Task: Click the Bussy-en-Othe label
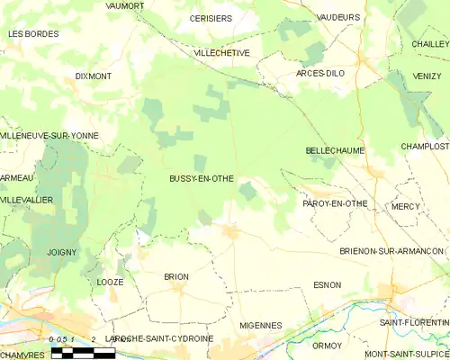click(x=202, y=179)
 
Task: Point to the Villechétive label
click(x=221, y=53)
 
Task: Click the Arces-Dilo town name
click(x=321, y=73)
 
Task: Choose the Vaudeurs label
click(x=339, y=17)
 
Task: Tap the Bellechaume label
click(x=333, y=150)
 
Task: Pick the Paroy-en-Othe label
click(x=335, y=203)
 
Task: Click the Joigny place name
click(x=62, y=253)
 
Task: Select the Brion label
click(x=175, y=276)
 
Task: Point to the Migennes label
click(x=261, y=325)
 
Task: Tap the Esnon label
click(x=327, y=285)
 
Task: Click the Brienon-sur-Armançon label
click(x=392, y=251)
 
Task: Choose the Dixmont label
click(x=94, y=76)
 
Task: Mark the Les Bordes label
click(x=33, y=33)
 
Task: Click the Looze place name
click(x=109, y=282)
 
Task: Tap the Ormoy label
click(x=327, y=346)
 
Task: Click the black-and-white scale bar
click(x=83, y=352)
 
